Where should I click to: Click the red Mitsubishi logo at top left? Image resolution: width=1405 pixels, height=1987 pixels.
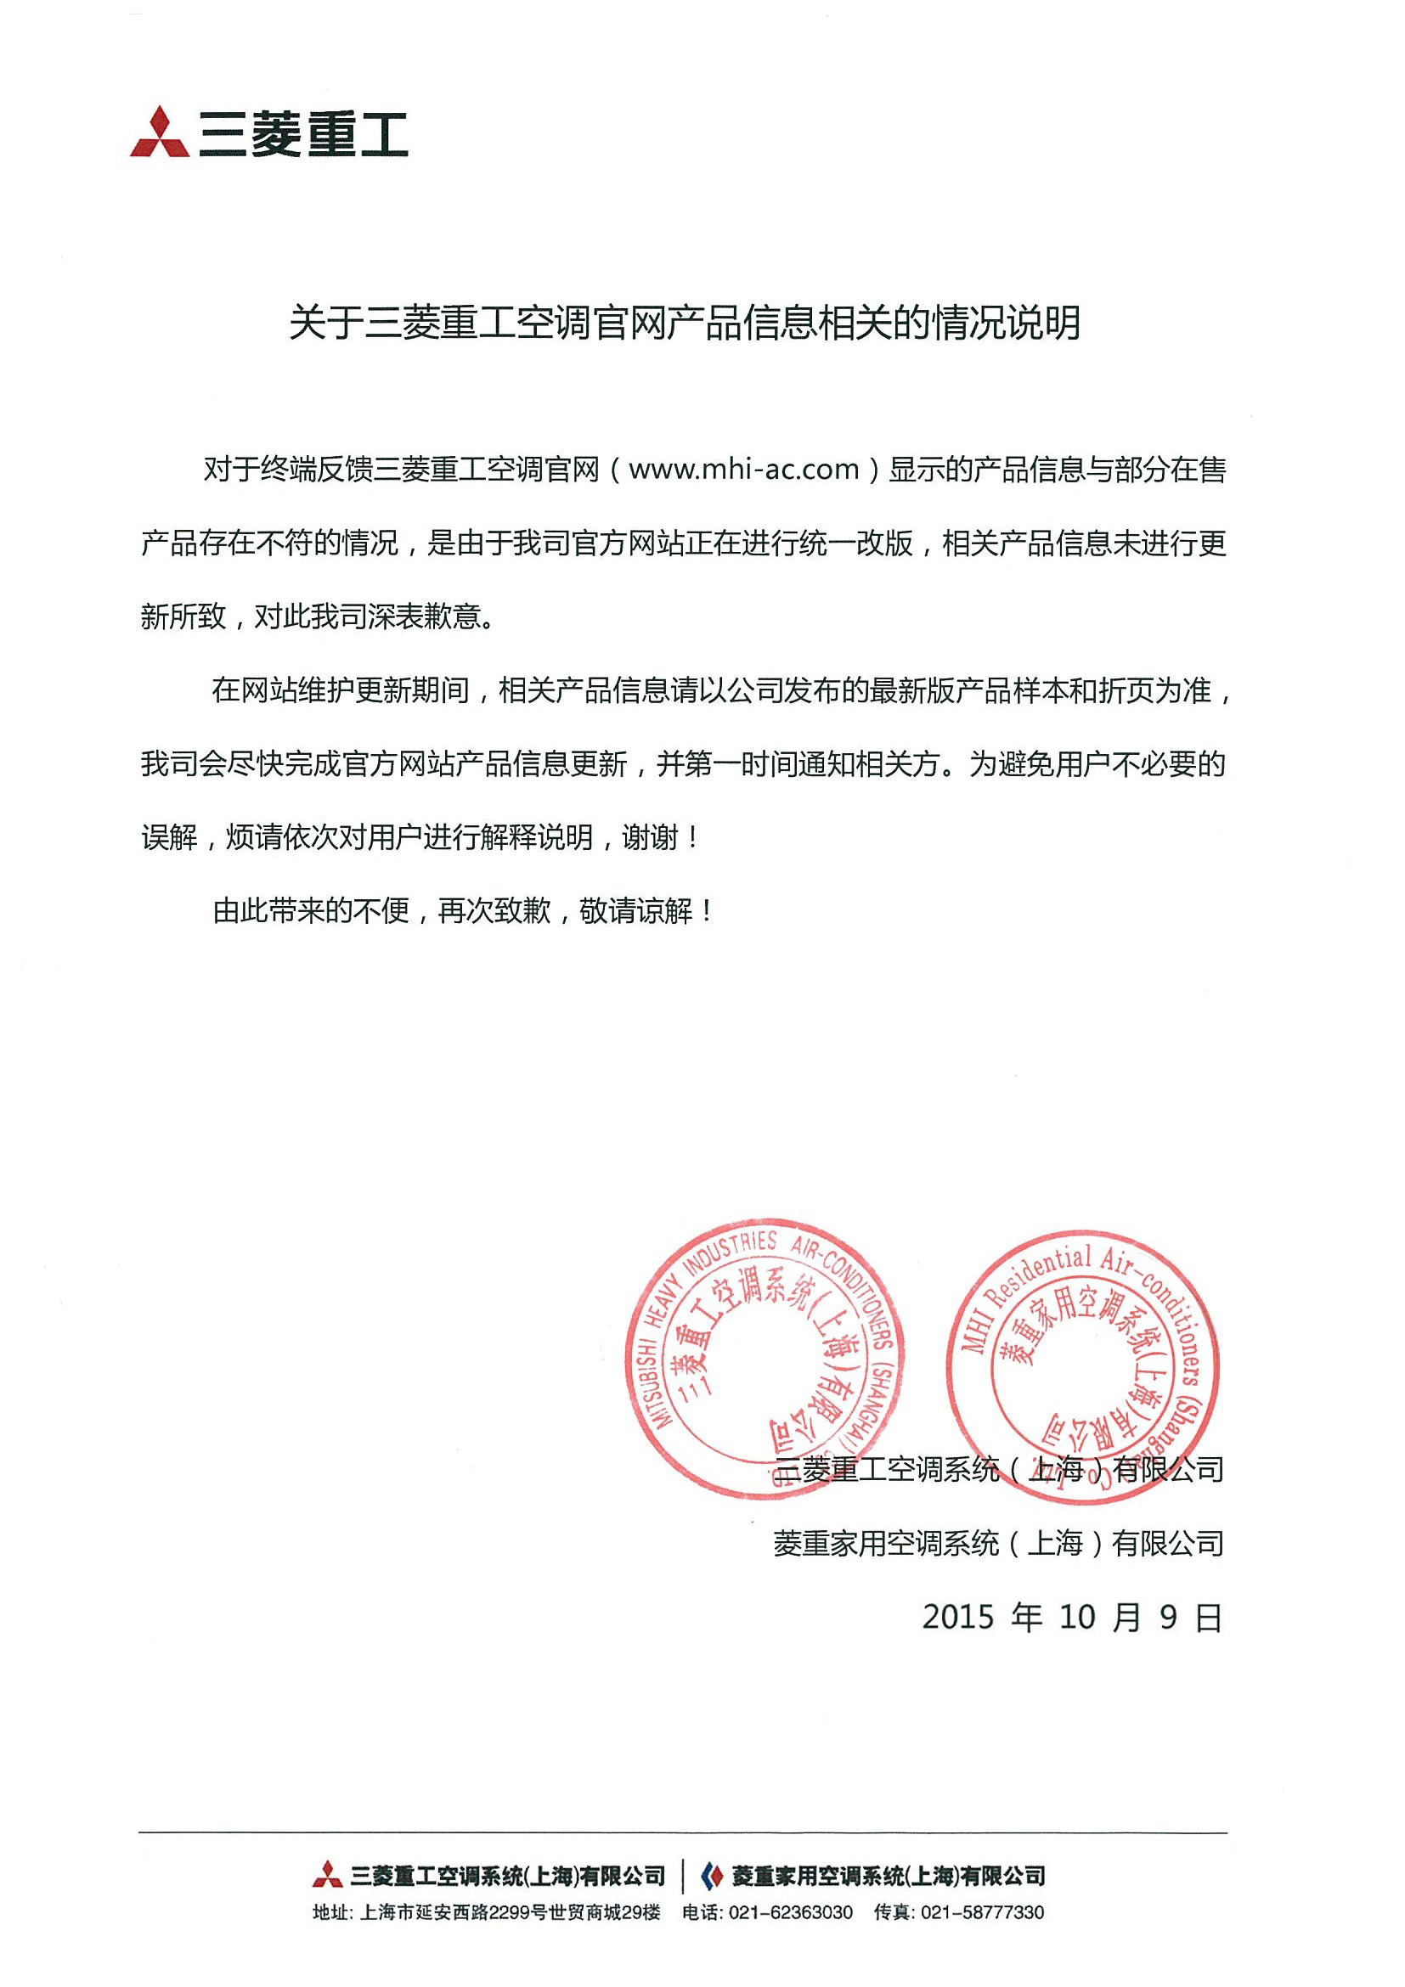[x=160, y=132]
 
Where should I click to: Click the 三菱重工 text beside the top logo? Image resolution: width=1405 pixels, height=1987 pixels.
[x=303, y=135]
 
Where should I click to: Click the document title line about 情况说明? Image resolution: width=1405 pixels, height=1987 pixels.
[x=684, y=324]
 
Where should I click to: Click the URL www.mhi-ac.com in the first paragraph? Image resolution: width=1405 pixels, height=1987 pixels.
[x=743, y=470]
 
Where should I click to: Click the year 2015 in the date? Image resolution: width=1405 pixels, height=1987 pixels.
[x=957, y=1617]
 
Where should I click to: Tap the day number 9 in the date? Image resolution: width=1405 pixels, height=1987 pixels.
[x=1169, y=1617]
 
